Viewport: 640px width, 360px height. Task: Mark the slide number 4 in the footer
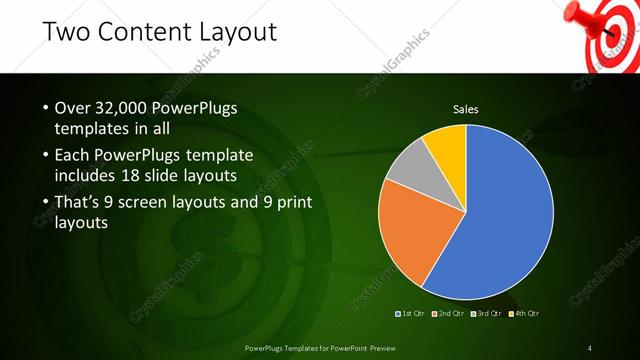tap(590, 347)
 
